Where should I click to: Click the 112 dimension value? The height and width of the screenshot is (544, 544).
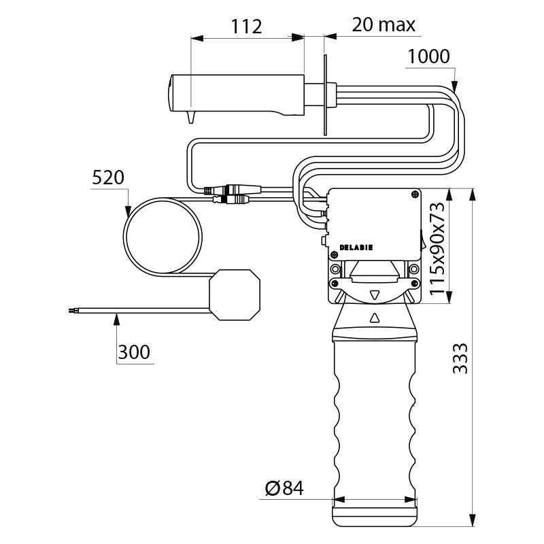coord(246,27)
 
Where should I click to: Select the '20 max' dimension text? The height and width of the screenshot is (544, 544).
coord(384,25)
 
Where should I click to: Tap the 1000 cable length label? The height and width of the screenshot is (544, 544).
coord(428,56)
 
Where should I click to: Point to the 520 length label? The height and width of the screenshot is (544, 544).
coord(108,178)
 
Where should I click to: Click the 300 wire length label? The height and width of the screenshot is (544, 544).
coord(134,352)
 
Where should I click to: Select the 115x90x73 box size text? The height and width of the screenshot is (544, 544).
coord(437,247)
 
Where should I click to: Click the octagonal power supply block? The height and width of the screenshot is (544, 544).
coord(234,293)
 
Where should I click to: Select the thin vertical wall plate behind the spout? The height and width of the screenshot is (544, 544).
coord(326,95)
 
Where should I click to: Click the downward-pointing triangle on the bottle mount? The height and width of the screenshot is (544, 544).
coord(375,295)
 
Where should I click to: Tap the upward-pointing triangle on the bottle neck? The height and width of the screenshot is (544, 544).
coord(375,318)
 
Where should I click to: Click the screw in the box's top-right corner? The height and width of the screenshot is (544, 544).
coord(415,195)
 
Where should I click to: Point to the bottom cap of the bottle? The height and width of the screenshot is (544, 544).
coord(375,514)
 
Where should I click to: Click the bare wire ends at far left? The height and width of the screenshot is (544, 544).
coord(72,311)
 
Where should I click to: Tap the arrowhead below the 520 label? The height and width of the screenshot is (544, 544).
coord(127,211)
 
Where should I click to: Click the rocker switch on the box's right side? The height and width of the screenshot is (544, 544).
coord(422,239)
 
